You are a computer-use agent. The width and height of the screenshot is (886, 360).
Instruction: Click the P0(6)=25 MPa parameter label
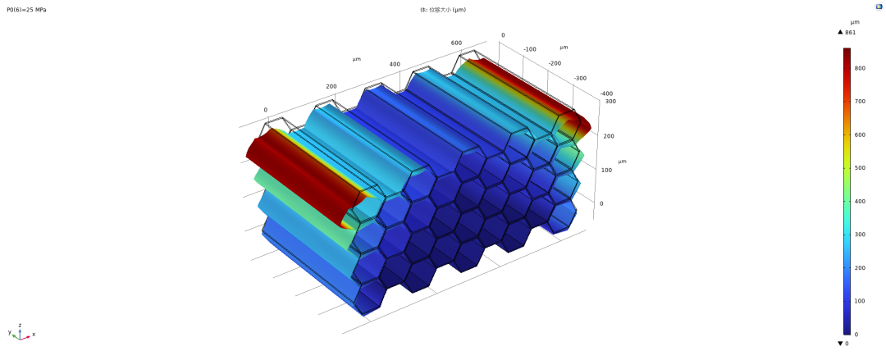[26, 10]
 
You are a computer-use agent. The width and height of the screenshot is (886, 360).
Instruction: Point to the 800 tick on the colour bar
[861, 68]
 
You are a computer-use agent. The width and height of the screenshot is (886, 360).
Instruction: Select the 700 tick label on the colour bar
[861, 101]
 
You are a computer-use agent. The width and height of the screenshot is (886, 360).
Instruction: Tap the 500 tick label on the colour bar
[861, 168]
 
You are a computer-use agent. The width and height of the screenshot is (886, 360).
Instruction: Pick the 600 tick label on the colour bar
[861, 134]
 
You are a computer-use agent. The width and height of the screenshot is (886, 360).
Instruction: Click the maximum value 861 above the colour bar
[851, 32]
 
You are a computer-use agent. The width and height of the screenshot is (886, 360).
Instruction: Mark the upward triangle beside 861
[840, 32]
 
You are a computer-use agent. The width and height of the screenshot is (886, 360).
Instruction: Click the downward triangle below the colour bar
[840, 343]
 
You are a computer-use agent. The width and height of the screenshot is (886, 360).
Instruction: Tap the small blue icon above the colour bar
[879, 7]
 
